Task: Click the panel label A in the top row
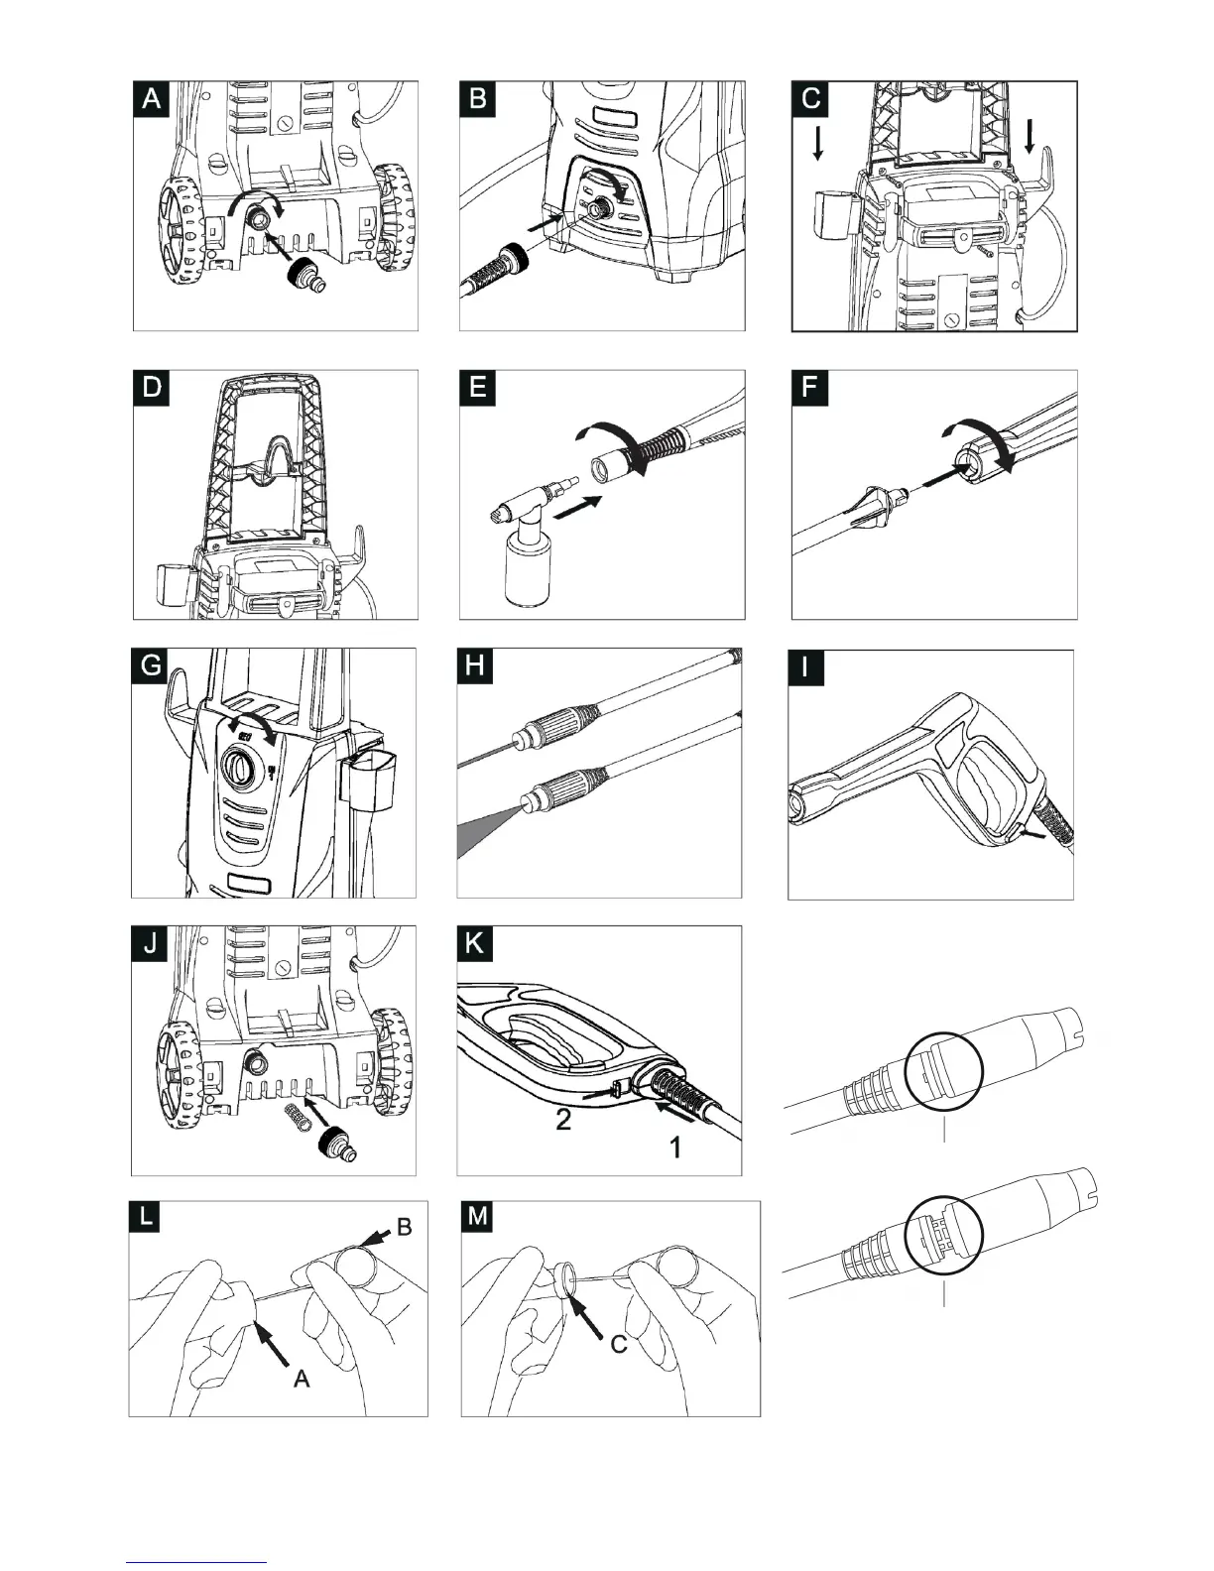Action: pos(152,99)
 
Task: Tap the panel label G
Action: pos(151,665)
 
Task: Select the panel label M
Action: pos(478,1217)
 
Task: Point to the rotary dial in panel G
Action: pos(242,768)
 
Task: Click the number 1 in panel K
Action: pos(675,1148)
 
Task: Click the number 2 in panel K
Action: pos(562,1123)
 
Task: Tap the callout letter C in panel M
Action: pos(618,1344)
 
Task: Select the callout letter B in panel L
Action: pos(404,1227)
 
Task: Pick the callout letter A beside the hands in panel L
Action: pos(302,1378)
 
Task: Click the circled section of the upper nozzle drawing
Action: pos(942,1072)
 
